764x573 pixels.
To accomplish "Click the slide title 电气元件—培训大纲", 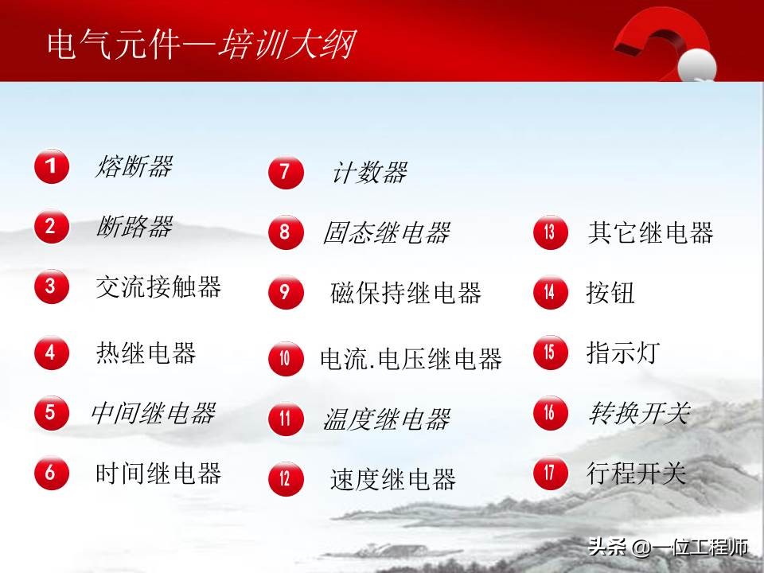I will coord(201,45).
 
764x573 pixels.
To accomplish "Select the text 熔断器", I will coord(134,166).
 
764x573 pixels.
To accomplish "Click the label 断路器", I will coord(134,227).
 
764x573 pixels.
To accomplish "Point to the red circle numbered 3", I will coord(51,286).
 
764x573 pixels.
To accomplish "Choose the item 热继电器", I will coord(146,352).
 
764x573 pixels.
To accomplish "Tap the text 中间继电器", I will coord(153,413).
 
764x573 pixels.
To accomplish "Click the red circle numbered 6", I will coord(51,473).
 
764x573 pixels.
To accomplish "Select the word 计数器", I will coord(368,172).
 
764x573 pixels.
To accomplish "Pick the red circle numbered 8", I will coord(285,232).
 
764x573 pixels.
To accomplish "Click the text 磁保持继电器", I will coord(406,293).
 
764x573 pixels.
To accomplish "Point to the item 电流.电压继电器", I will coord(411,359).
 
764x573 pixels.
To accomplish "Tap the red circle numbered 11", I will coord(285,419).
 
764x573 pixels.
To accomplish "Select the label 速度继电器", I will coord(393,479).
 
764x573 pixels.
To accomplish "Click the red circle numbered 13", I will coord(550,232).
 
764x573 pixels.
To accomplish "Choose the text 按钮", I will coord(611,293).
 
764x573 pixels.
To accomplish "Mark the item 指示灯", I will coord(623,352).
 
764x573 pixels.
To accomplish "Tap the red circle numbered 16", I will coord(550,413).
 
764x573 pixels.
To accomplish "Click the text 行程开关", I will coord(636,474).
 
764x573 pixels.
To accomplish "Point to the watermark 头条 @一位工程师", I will coord(668,548).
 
